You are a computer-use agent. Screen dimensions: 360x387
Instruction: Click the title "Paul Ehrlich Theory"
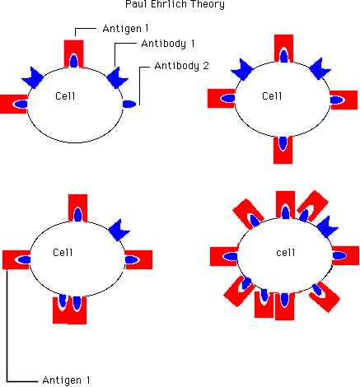[175, 4]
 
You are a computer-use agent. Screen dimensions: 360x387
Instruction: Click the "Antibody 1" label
[168, 44]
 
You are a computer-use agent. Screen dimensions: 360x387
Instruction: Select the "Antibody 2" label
[182, 66]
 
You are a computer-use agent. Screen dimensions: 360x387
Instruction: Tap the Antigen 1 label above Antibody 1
[125, 28]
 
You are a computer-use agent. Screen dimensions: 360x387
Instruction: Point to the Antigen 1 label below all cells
[66, 380]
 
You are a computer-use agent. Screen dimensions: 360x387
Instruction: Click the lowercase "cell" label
[286, 252]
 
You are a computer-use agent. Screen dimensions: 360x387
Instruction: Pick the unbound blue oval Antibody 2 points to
[129, 105]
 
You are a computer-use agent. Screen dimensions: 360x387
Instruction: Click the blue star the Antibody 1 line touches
[117, 78]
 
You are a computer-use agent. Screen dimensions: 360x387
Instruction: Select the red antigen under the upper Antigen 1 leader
[74, 54]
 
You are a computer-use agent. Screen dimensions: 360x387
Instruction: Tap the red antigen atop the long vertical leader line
[16, 259]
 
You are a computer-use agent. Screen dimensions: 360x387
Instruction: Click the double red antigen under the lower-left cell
[70, 310]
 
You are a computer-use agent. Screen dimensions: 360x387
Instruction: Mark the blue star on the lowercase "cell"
[327, 226]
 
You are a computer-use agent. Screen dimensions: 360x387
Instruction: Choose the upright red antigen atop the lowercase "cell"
[286, 205]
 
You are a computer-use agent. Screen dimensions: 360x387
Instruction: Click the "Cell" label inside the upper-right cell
[272, 96]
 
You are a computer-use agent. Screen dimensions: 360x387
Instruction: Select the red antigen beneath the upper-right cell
[283, 150]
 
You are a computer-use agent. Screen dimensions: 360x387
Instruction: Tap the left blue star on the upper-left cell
[33, 78]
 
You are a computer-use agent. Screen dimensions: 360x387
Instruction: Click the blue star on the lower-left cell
[119, 230]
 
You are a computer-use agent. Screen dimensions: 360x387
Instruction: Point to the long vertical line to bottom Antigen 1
[7, 325]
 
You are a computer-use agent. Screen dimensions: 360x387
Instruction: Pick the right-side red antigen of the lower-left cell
[138, 259]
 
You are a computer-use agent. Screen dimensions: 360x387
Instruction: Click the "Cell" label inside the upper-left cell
[65, 96]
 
